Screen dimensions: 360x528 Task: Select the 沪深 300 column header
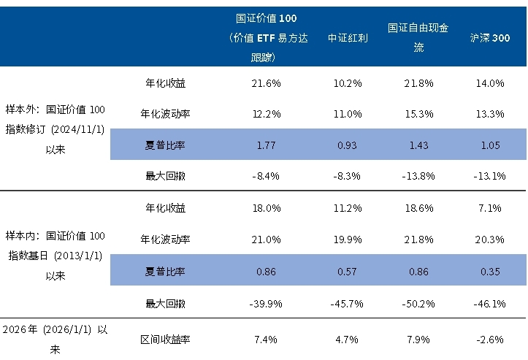pyautogui.click(x=490, y=37)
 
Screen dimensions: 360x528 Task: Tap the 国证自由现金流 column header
pyautogui.click(x=418, y=37)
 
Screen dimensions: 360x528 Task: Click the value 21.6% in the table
pyautogui.click(x=267, y=83)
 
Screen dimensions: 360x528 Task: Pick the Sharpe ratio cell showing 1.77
pyautogui.click(x=267, y=145)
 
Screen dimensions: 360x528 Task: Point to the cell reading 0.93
pyautogui.click(x=348, y=145)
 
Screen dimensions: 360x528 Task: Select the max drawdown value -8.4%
pyautogui.click(x=267, y=176)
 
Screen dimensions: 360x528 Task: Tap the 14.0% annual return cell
pyautogui.click(x=490, y=83)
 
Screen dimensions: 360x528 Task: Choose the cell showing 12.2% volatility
pyautogui.click(x=267, y=114)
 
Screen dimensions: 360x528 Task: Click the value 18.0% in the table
pyautogui.click(x=267, y=208)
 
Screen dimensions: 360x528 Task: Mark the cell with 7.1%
pyautogui.click(x=490, y=208)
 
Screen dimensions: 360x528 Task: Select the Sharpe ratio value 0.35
pyautogui.click(x=490, y=272)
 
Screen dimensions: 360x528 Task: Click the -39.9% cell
pyautogui.click(x=267, y=303)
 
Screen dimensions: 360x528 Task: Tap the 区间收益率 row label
pyautogui.click(x=165, y=340)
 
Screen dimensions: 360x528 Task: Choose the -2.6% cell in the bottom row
pyautogui.click(x=490, y=340)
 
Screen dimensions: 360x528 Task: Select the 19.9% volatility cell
pyautogui.click(x=348, y=240)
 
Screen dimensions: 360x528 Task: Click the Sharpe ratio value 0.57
pyautogui.click(x=348, y=272)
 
